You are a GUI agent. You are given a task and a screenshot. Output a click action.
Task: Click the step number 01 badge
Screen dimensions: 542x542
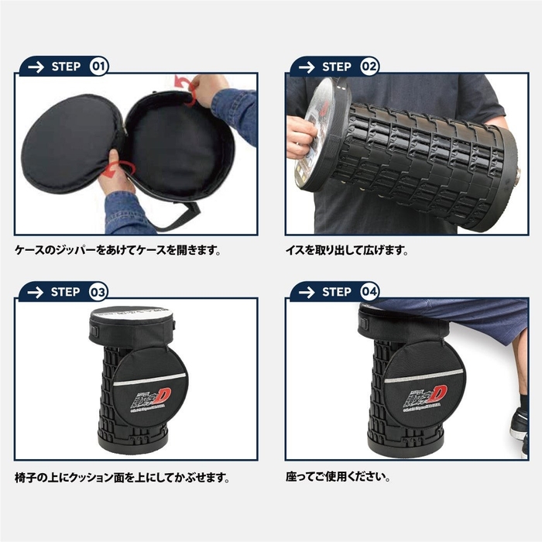[99, 66]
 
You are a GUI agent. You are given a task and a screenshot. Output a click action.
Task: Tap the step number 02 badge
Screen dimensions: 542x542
[370, 66]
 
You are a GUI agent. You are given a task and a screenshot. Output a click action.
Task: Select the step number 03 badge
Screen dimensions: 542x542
[99, 292]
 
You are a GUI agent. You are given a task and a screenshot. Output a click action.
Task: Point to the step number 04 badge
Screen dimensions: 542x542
[370, 292]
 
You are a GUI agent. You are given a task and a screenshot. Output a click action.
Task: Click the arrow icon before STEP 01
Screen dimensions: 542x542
[35, 66]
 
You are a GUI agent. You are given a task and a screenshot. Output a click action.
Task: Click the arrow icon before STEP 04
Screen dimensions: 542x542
[306, 292]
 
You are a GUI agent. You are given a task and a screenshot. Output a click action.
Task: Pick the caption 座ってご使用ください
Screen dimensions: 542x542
[338, 477]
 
